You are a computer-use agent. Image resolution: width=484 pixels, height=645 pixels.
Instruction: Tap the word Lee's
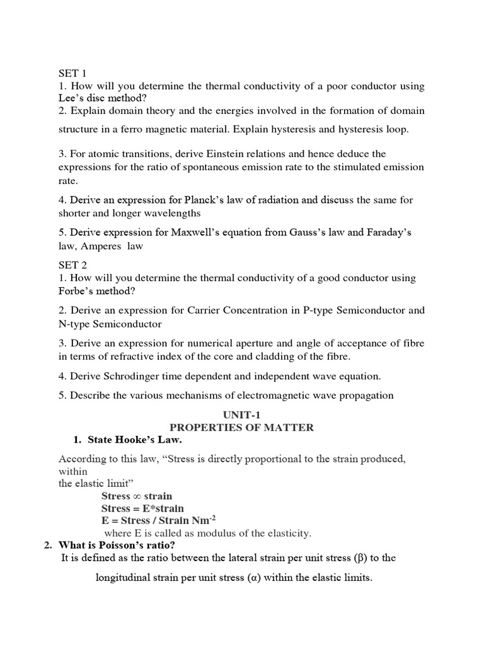pyautogui.click(x=71, y=98)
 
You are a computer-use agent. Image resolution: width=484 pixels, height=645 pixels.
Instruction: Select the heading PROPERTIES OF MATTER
pyautogui.click(x=241, y=428)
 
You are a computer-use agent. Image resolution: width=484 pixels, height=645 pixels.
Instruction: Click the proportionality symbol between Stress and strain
pyautogui.click(x=136, y=496)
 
